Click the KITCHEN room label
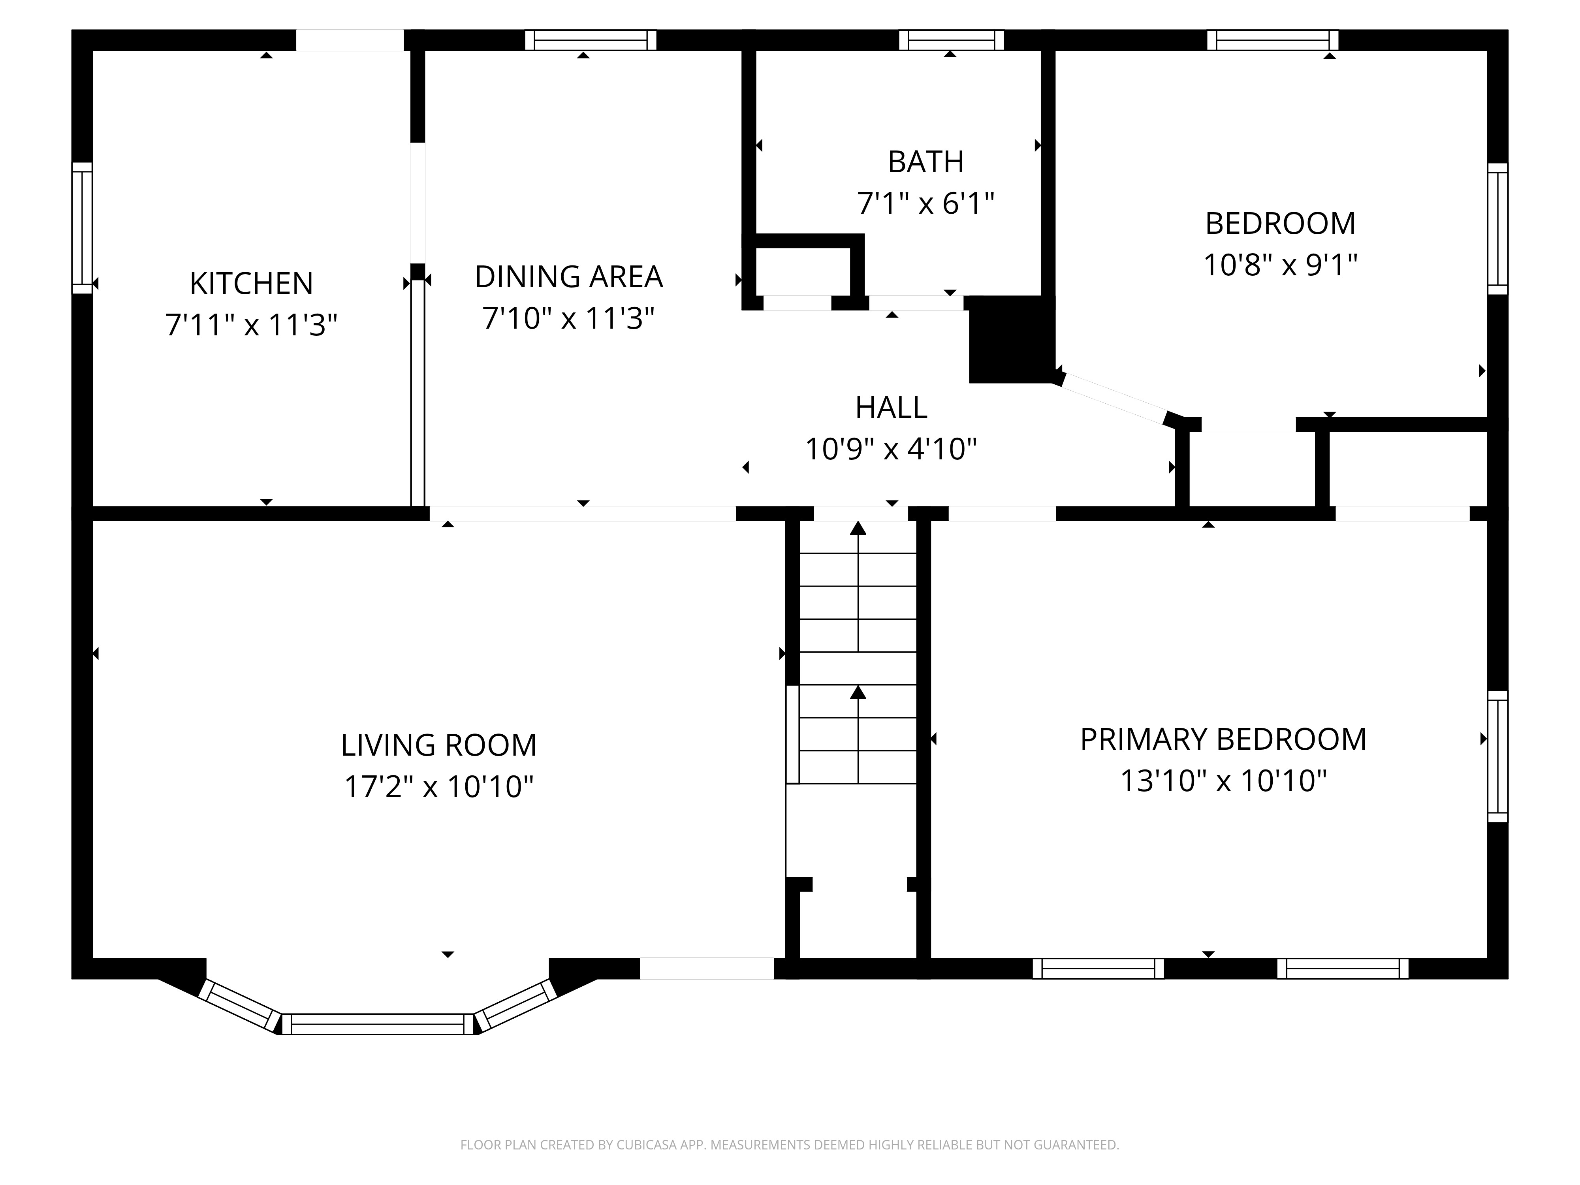pos(252,284)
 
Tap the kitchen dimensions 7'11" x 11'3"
pos(252,325)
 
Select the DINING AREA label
pos(568,276)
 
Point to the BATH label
pos(926,162)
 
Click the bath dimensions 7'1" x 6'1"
pos(926,203)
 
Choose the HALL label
pos(891,408)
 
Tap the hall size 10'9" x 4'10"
pos(891,449)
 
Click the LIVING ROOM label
pos(438,745)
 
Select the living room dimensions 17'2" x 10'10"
pos(438,786)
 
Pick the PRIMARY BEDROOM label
pos(1223,739)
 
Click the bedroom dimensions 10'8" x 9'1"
pos(1280,265)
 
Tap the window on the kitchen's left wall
pos(82,228)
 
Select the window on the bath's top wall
pos(951,40)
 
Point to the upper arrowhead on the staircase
pos(858,529)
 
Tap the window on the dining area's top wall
pos(591,40)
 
